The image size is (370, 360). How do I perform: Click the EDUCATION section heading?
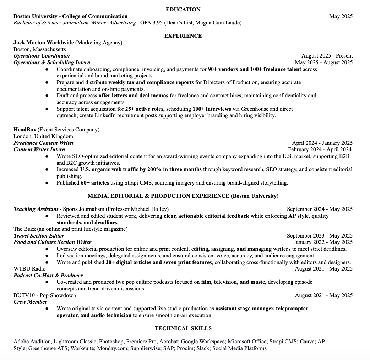(183, 10)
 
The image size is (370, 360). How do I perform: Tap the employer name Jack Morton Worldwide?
(44, 43)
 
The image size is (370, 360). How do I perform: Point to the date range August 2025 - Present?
(327, 56)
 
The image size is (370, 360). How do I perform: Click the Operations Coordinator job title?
(42, 56)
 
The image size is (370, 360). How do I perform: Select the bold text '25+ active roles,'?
(145, 109)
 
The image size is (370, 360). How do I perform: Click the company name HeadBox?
(25, 130)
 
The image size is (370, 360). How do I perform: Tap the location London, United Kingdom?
(43, 136)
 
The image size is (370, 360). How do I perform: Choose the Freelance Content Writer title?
(44, 143)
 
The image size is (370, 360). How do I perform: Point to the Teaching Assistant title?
(36, 209)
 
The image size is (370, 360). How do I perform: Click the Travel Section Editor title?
(39, 236)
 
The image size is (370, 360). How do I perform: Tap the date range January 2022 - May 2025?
(323, 242)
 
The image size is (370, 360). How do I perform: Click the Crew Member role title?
(30, 302)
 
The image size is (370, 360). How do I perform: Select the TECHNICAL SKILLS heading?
(183, 328)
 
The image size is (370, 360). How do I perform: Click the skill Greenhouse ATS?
(48, 348)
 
